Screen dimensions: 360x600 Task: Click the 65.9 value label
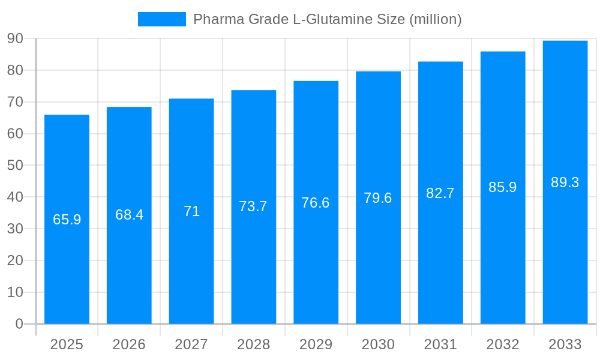67,220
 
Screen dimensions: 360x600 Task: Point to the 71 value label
191,211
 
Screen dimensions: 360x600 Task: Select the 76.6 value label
316,203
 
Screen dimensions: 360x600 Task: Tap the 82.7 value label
440,193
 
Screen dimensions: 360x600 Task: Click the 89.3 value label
565,182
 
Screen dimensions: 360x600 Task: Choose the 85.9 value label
502,187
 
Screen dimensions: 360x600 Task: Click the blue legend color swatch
161,19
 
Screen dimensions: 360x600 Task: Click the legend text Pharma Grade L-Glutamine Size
327,19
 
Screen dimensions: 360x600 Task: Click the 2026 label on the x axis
129,344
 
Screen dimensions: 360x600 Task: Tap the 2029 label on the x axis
316,344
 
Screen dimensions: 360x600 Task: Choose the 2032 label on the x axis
502,344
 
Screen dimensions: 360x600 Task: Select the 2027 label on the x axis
191,344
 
